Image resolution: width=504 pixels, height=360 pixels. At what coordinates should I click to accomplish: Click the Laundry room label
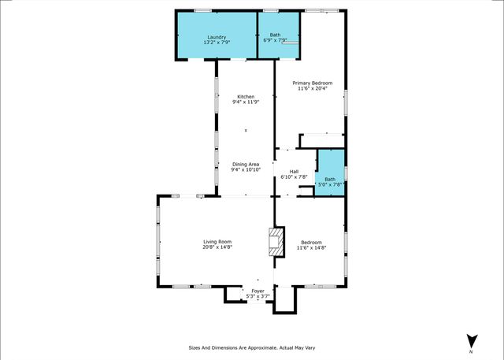pyautogui.click(x=217, y=37)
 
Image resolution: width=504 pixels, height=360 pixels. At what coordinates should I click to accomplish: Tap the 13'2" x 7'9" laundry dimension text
pyautogui.click(x=217, y=43)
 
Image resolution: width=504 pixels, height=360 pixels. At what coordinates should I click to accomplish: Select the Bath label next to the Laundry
pyautogui.click(x=275, y=35)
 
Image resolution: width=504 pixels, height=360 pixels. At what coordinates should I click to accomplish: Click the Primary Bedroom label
pyautogui.click(x=313, y=83)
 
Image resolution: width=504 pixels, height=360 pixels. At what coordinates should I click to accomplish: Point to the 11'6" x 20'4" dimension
pyautogui.click(x=313, y=88)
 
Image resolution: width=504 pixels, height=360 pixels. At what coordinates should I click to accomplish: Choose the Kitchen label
pyautogui.click(x=246, y=96)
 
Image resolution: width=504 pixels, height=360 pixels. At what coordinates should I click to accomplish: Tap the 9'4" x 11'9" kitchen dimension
pyautogui.click(x=246, y=102)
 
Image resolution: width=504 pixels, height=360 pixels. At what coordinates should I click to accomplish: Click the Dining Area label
pyautogui.click(x=246, y=164)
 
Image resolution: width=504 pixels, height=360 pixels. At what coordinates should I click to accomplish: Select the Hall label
pyautogui.click(x=294, y=172)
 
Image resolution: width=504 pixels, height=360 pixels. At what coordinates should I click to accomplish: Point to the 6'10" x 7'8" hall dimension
pyautogui.click(x=294, y=177)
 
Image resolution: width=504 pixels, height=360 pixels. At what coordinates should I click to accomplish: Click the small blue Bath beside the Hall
pyautogui.click(x=330, y=181)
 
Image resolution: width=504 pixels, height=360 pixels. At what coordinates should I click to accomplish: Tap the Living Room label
pyautogui.click(x=217, y=242)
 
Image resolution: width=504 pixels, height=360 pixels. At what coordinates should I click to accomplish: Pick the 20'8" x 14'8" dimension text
pyautogui.click(x=217, y=247)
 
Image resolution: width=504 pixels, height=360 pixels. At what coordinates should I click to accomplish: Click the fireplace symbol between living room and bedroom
pyautogui.click(x=275, y=243)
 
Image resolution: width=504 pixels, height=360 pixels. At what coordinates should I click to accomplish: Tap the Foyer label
pyautogui.click(x=258, y=291)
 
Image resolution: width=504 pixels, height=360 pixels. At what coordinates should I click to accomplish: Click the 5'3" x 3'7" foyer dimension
pyautogui.click(x=258, y=297)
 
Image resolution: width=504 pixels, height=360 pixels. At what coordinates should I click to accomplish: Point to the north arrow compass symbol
pyautogui.click(x=471, y=340)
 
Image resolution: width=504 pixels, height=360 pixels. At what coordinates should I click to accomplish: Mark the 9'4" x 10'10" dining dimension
pyautogui.click(x=246, y=169)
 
